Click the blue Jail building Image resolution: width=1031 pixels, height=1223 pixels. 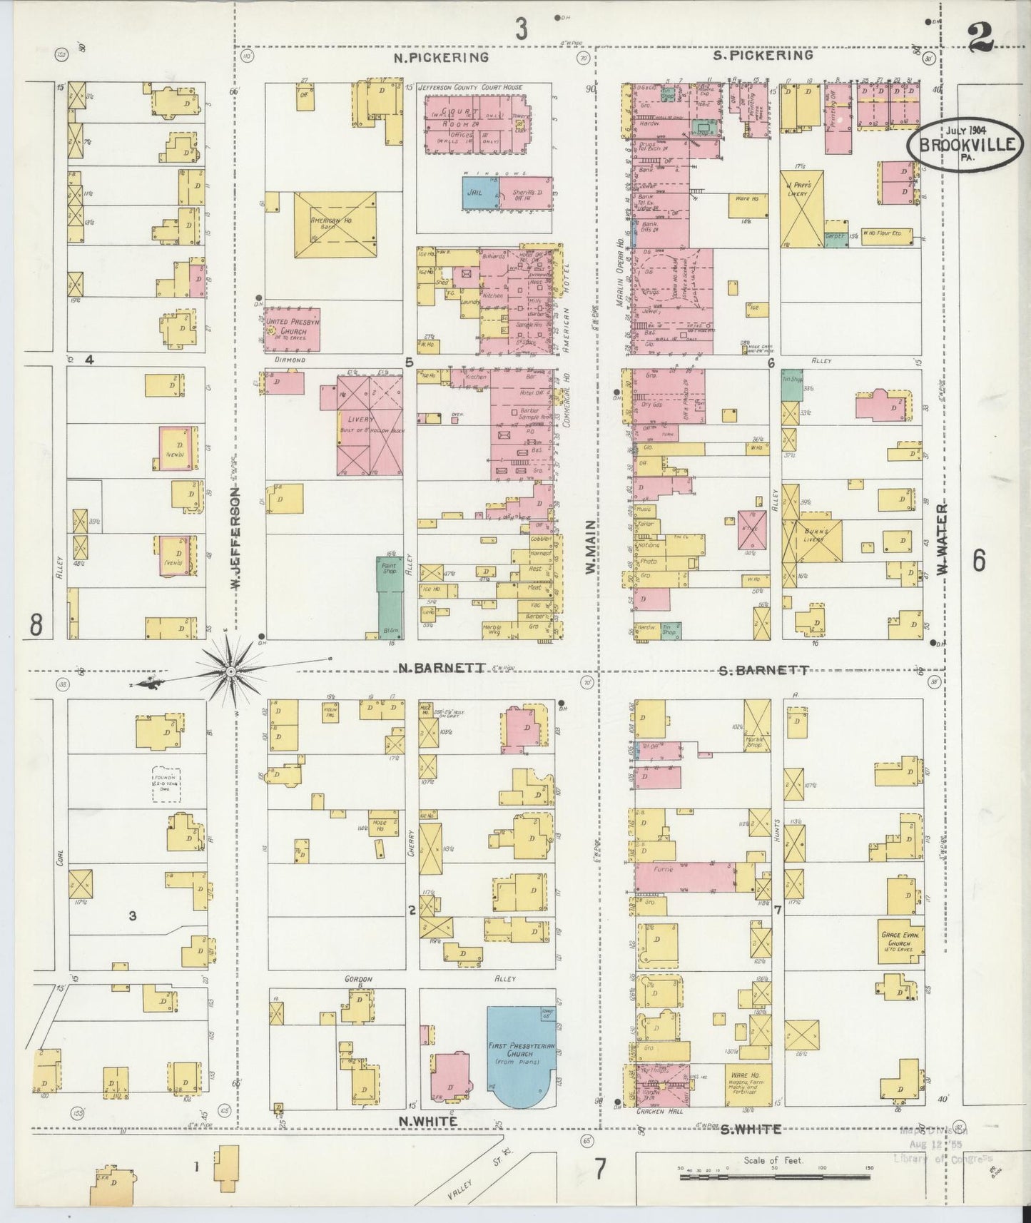pos(479,193)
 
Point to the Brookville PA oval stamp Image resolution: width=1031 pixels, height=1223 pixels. pos(963,146)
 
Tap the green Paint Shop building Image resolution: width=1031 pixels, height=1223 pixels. pos(390,596)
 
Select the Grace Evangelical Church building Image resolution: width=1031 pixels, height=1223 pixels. pos(901,937)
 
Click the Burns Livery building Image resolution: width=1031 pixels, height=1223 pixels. pos(813,539)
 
